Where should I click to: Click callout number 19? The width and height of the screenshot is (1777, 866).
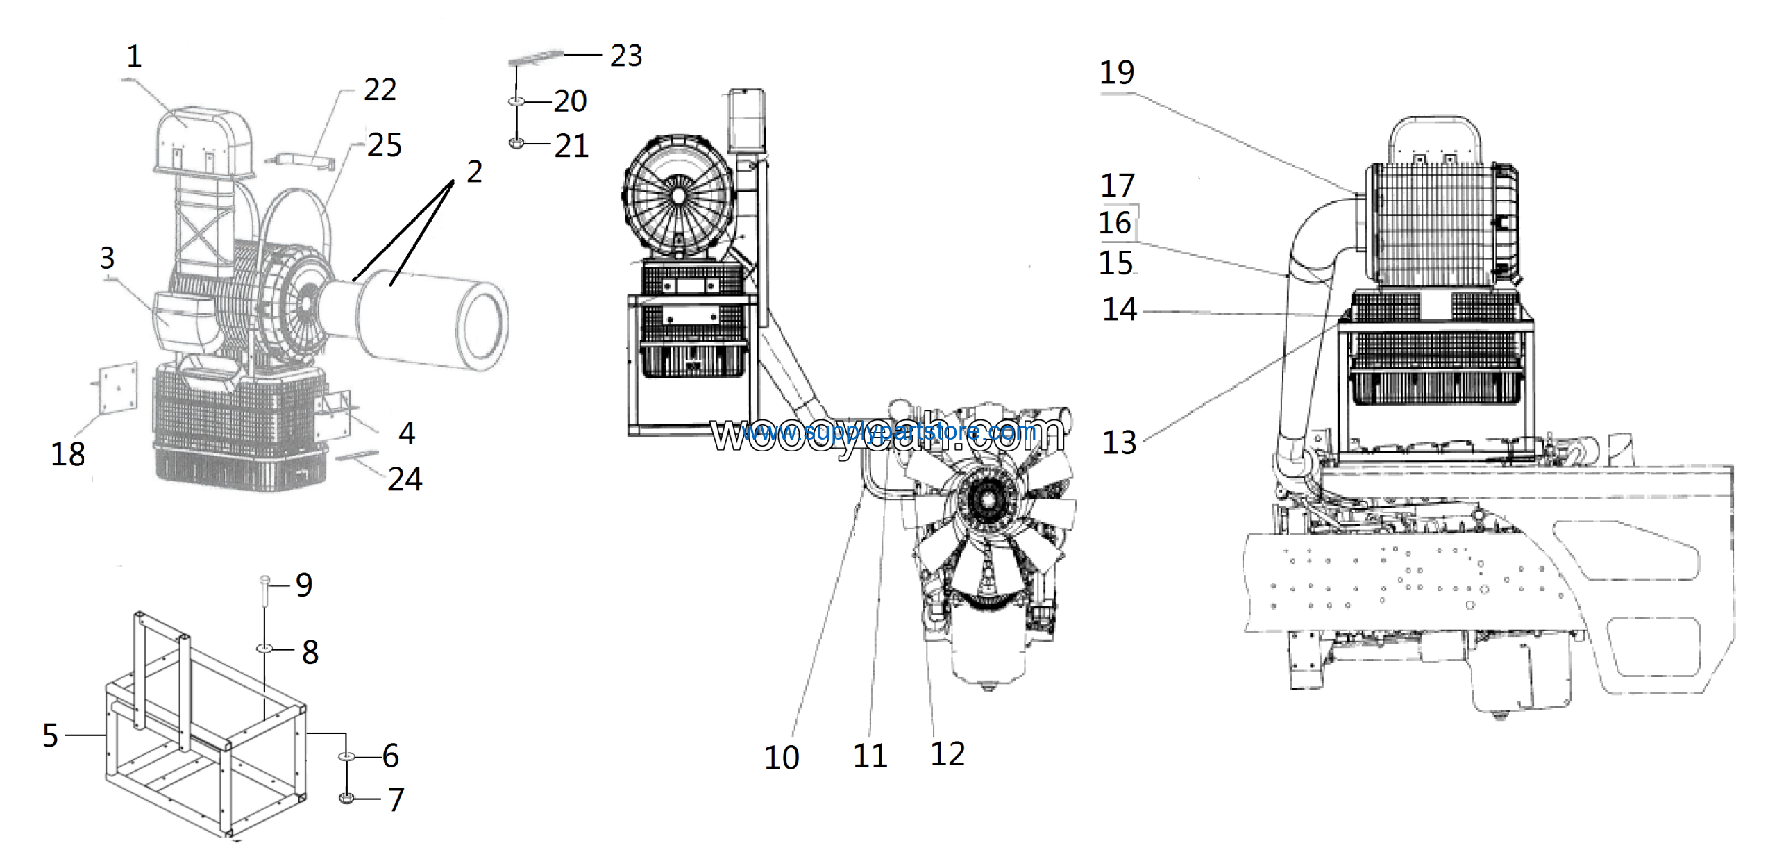[x=1117, y=72]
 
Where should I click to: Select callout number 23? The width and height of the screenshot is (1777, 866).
[x=626, y=56]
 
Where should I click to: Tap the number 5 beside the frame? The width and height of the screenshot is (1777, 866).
[x=50, y=735]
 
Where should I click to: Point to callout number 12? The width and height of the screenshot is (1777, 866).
[x=948, y=753]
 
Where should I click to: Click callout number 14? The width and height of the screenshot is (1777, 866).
[x=1120, y=310]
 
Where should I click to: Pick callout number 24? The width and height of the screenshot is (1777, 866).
[x=405, y=479]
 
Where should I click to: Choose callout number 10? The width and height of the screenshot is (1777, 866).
[x=782, y=757]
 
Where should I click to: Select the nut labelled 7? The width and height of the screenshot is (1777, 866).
[x=347, y=799]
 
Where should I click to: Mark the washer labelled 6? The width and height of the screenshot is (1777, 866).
[x=347, y=756]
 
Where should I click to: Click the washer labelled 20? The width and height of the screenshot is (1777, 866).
[x=516, y=102]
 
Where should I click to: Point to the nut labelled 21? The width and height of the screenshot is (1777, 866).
[x=516, y=143]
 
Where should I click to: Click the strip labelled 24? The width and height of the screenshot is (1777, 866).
[x=357, y=456]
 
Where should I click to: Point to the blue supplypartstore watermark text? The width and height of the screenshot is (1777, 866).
[x=888, y=433]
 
